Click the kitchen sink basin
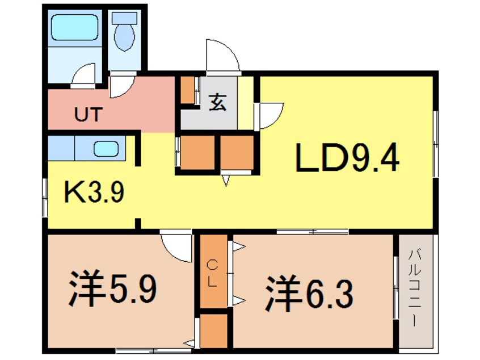click(x=106, y=149)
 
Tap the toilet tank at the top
click(x=123, y=18)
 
